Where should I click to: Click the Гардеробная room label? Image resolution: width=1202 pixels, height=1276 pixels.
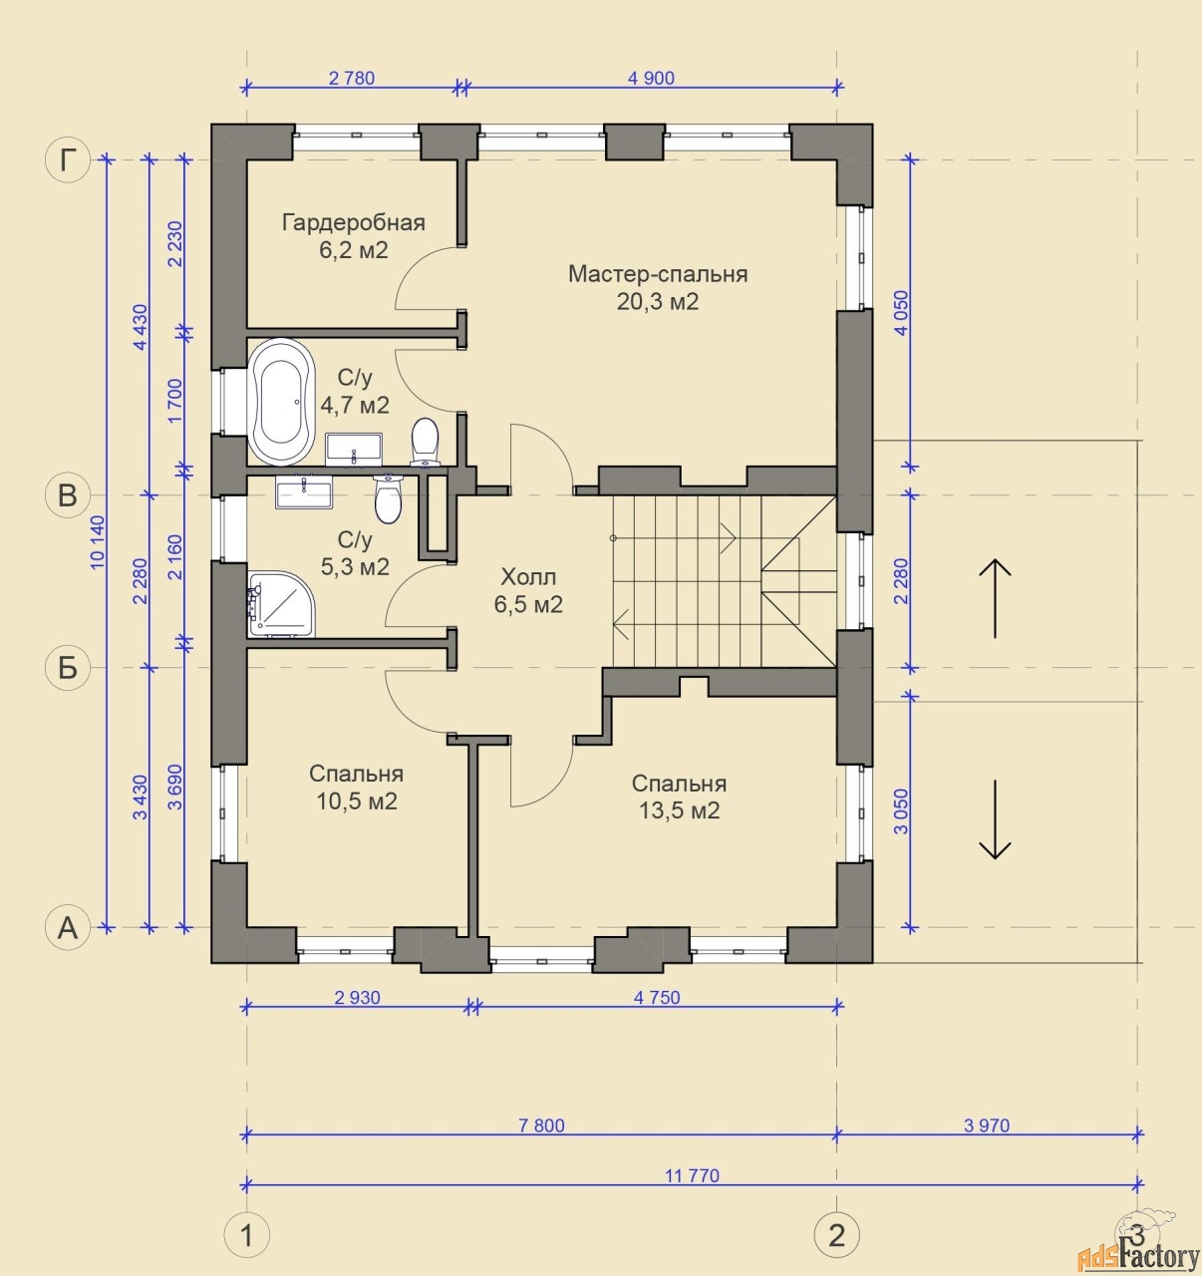pyautogui.click(x=354, y=223)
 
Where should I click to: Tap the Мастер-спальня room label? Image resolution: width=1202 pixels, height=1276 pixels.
pyautogui.click(x=658, y=274)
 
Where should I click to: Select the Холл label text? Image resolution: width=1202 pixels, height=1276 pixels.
pyautogui.click(x=528, y=577)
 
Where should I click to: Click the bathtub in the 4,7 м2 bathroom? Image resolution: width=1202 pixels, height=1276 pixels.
pyautogui.click(x=281, y=402)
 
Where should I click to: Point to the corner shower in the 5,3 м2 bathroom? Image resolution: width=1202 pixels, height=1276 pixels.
pyautogui.click(x=281, y=604)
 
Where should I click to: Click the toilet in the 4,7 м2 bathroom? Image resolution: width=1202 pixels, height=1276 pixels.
pyautogui.click(x=424, y=442)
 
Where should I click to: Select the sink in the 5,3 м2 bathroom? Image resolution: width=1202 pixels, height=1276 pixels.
pyautogui.click(x=304, y=491)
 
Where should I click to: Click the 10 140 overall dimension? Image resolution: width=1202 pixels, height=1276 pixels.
pyautogui.click(x=98, y=543)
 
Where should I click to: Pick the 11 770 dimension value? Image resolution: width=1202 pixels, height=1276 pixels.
pyautogui.click(x=692, y=1175)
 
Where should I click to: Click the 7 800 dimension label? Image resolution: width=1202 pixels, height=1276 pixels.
pyautogui.click(x=541, y=1125)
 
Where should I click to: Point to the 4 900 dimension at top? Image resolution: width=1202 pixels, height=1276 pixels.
pyautogui.click(x=651, y=79)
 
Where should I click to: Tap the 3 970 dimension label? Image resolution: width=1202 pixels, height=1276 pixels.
pyautogui.click(x=986, y=1125)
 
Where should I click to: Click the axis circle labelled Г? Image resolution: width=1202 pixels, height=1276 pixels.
pyautogui.click(x=68, y=159)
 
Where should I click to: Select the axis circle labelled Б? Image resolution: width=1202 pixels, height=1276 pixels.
pyautogui.click(x=68, y=668)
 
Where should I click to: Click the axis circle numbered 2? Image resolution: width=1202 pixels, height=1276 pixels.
pyautogui.click(x=836, y=1234)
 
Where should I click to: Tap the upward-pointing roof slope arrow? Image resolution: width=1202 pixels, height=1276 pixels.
pyautogui.click(x=995, y=598)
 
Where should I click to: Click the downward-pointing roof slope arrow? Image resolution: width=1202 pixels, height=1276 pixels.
pyautogui.click(x=995, y=819)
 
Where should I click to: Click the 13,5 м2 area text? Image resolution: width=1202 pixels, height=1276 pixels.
pyautogui.click(x=679, y=810)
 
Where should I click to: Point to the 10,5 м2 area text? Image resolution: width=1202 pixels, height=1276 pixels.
pyautogui.click(x=357, y=801)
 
